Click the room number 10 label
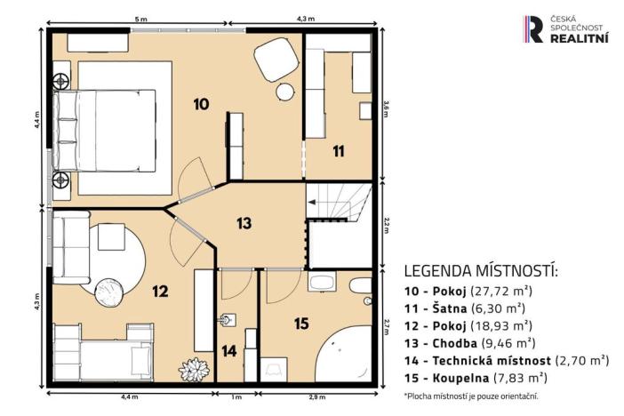pyautogui.click(x=201, y=105)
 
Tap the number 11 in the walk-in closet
pyautogui.click(x=338, y=151)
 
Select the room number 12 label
pyautogui.click(x=160, y=290)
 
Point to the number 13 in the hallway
pyautogui.click(x=244, y=223)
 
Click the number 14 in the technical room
pyautogui.click(x=229, y=351)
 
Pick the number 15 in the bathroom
pyautogui.click(x=301, y=324)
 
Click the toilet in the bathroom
pyautogui.click(x=360, y=288)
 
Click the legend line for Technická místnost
pyautogui.click(x=506, y=360)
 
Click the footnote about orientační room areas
pyautogui.click(x=471, y=396)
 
